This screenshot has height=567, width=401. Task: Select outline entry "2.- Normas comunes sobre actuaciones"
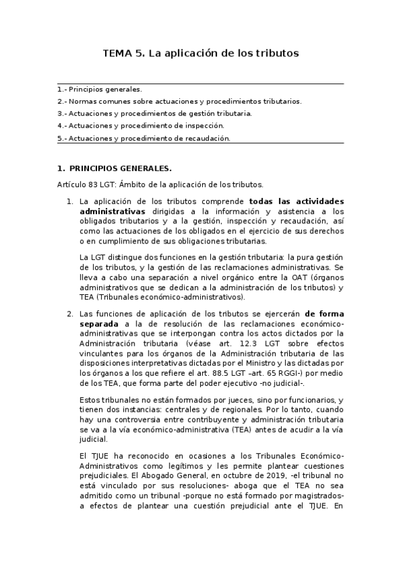[x=179, y=101]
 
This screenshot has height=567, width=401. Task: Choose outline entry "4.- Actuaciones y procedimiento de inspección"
[x=141, y=126]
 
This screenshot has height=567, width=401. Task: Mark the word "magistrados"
[x=314, y=497]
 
